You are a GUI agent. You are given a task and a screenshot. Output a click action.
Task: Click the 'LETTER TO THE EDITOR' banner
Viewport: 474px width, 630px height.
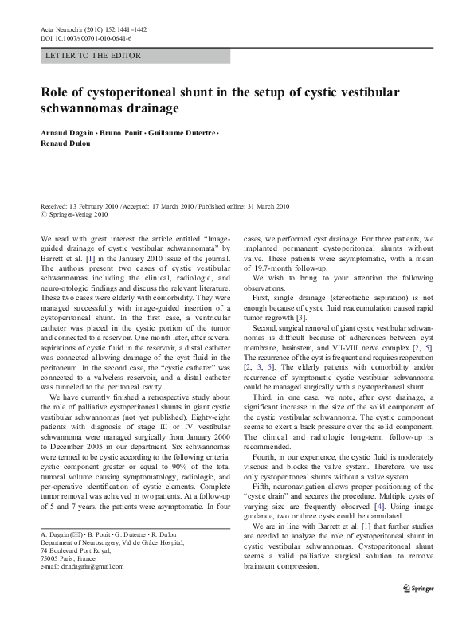[x=94, y=56]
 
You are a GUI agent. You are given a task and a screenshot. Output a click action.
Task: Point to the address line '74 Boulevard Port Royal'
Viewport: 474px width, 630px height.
[x=76, y=573]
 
